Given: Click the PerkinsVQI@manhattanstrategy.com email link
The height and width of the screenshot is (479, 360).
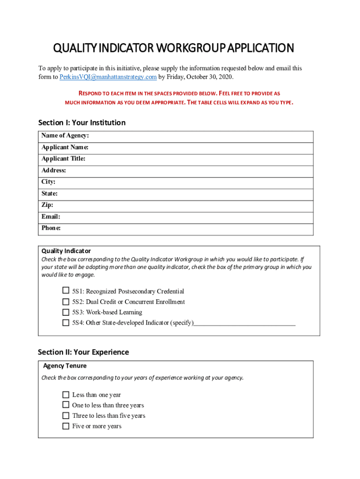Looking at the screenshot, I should pyautogui.click(x=108, y=77).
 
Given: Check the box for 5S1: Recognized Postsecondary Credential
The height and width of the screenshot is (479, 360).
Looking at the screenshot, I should pyautogui.click(x=66, y=291).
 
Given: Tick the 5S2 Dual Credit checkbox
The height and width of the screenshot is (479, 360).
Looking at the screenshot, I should pyautogui.click(x=66, y=302).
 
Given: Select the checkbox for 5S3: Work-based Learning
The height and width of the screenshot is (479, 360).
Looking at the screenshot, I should pyautogui.click(x=66, y=312).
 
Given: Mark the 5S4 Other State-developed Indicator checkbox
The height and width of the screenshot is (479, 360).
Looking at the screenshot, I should pyautogui.click(x=66, y=322).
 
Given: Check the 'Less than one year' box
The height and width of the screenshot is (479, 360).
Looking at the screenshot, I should pyautogui.click(x=66, y=395).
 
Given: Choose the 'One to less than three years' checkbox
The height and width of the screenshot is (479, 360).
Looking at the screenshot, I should pyautogui.click(x=66, y=405).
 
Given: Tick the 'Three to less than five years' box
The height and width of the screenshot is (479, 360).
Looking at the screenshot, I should pyautogui.click(x=66, y=415).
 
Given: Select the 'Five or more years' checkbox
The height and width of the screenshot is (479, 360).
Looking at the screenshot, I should pyautogui.click(x=66, y=426).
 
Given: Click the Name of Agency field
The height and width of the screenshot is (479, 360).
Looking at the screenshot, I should pyautogui.click(x=196, y=136).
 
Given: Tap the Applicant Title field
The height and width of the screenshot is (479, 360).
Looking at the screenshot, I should pyautogui.click(x=196, y=159).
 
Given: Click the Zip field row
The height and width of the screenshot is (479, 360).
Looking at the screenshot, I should pyautogui.click(x=196, y=205).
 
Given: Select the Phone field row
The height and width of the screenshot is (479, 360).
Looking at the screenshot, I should pyautogui.click(x=196, y=229).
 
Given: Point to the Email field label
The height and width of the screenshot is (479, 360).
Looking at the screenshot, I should pyautogui.click(x=50, y=217).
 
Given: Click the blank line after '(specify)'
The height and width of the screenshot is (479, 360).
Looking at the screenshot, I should pyautogui.click(x=245, y=322).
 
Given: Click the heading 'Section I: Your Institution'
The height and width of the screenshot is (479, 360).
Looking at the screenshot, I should pyautogui.click(x=82, y=123).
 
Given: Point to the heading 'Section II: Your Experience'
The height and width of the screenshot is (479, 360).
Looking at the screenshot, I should pyautogui.click(x=83, y=352).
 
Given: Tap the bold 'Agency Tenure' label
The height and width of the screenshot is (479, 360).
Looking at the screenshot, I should pyautogui.click(x=65, y=366).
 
